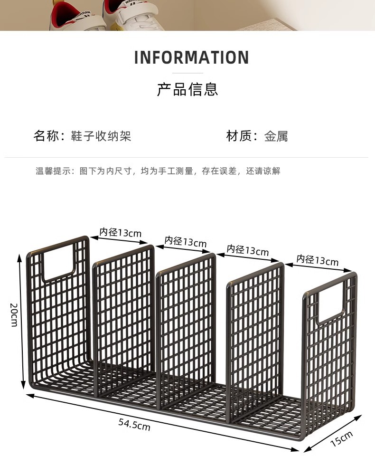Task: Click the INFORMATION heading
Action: click(x=191, y=57)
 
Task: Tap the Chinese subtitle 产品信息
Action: click(x=187, y=89)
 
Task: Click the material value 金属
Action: click(x=276, y=137)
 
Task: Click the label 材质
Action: click(x=238, y=136)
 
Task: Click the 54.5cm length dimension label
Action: click(x=134, y=424)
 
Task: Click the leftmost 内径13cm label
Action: click(x=120, y=232)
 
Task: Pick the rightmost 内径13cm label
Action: click(x=318, y=260)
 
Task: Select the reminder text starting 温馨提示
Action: click(x=158, y=171)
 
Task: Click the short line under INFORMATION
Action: click(x=187, y=73)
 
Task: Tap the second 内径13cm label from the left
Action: click(x=186, y=241)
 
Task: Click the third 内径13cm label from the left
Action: click(x=248, y=250)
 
